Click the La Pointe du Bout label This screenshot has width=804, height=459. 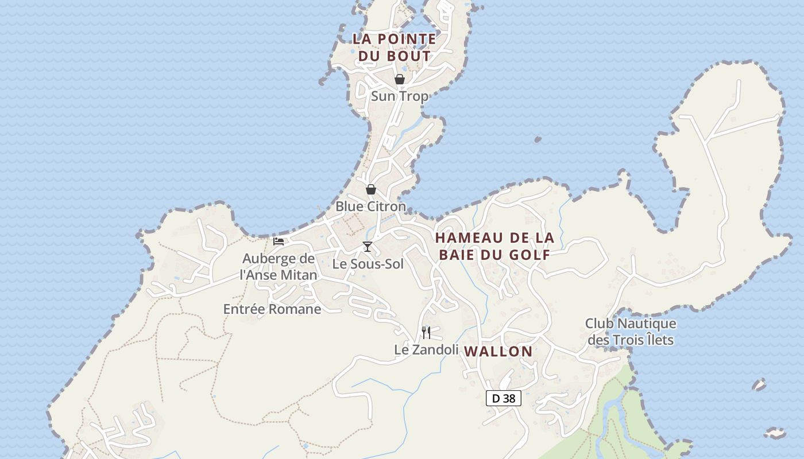(394, 48)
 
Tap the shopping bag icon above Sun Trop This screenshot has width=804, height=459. (400, 79)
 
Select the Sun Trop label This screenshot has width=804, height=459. (400, 96)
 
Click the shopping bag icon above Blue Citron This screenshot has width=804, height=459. (371, 189)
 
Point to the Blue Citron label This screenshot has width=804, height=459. (370, 207)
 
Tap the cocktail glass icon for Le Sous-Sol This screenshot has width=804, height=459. (368, 247)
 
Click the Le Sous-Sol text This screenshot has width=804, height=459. (368, 264)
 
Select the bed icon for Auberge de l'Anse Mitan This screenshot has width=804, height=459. (279, 242)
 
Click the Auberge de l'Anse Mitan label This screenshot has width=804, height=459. (279, 267)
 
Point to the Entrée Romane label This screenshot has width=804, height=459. (272, 309)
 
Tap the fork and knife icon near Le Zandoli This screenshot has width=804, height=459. (426, 332)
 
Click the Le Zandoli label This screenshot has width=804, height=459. (426, 349)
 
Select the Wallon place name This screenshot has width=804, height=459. (498, 352)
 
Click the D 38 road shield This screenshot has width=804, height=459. (504, 398)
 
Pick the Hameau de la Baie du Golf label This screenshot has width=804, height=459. (494, 246)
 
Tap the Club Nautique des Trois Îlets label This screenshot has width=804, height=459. (631, 332)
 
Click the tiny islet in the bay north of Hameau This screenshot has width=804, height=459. (538, 139)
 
